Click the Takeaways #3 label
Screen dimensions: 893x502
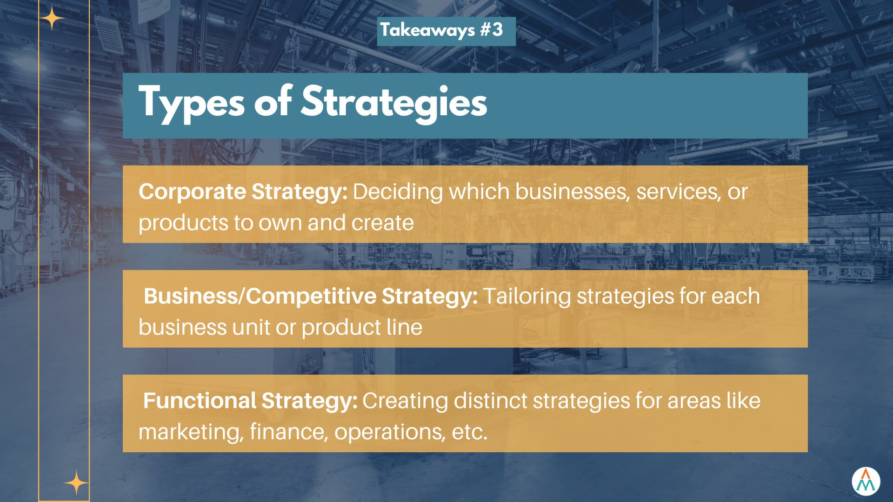(x=441, y=30)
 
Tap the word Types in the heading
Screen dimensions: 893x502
(x=191, y=103)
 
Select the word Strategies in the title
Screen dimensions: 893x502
(x=394, y=103)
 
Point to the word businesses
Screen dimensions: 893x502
(x=573, y=192)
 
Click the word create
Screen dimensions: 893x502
(x=383, y=223)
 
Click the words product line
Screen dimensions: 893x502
(x=362, y=328)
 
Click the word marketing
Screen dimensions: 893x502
(x=191, y=432)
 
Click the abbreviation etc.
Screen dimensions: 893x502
(x=469, y=432)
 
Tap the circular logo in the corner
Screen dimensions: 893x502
(x=866, y=482)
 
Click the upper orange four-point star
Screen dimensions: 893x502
(x=52, y=19)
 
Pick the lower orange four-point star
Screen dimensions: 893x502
(x=76, y=483)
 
